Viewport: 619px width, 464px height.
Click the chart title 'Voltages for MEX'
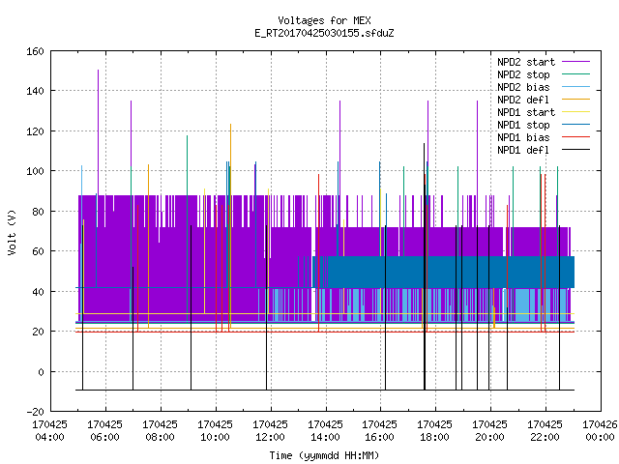click(x=324, y=20)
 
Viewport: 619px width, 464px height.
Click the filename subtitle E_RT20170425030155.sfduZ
click(x=324, y=33)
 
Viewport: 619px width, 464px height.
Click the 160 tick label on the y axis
click(x=35, y=51)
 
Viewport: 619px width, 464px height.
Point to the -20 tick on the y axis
click(x=35, y=412)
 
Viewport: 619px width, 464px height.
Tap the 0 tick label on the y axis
click(x=41, y=371)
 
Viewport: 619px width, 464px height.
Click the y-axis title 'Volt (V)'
click(x=12, y=232)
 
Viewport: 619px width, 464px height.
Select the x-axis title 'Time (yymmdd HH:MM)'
click(x=324, y=455)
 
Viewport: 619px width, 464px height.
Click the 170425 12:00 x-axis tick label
click(x=270, y=431)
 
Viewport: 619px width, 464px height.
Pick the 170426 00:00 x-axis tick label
click(x=600, y=431)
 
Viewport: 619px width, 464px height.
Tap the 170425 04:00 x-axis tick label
click(x=49, y=431)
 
